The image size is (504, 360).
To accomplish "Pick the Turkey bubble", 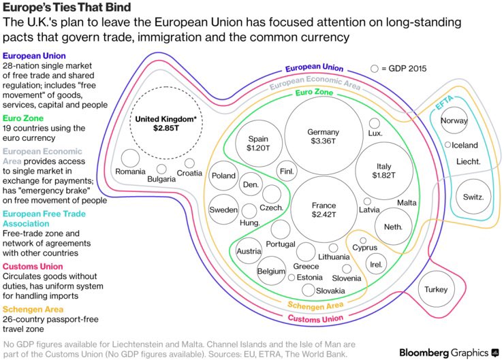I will [x=436, y=289].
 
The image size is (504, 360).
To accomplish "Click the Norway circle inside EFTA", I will [x=454, y=120].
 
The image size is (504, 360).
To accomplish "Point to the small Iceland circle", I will [x=447, y=145].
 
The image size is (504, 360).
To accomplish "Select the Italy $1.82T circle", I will [x=384, y=171].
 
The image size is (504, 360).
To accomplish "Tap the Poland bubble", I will [x=223, y=176].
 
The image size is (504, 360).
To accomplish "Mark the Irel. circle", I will [x=375, y=264].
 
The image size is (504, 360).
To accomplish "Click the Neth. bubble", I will [x=393, y=227].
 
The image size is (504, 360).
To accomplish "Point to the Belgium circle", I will [x=271, y=271].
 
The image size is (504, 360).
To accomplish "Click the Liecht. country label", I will [x=469, y=162].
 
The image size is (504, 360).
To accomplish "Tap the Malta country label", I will [x=407, y=203].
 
